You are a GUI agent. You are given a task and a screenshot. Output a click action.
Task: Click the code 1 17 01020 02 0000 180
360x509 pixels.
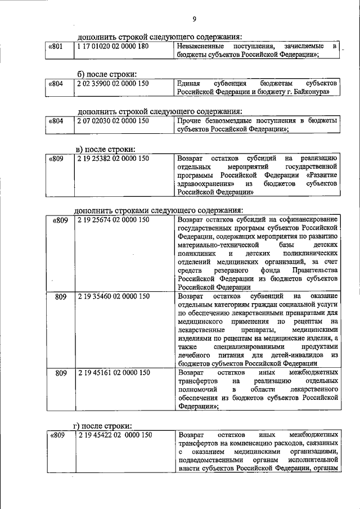(x=113, y=46)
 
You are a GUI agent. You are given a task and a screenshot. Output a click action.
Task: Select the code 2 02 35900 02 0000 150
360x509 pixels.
(x=113, y=83)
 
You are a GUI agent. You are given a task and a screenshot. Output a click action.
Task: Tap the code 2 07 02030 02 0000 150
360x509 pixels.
(x=113, y=120)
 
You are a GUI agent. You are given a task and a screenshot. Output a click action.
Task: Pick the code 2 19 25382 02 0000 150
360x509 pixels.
(x=113, y=159)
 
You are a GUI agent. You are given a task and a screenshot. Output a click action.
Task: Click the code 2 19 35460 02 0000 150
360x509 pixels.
(x=113, y=296)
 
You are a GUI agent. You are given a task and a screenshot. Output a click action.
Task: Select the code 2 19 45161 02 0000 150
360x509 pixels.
(x=113, y=373)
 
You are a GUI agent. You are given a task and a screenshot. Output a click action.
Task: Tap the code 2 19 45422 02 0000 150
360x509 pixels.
(x=115, y=435)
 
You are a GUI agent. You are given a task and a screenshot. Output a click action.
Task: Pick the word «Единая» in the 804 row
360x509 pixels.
(x=188, y=83)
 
